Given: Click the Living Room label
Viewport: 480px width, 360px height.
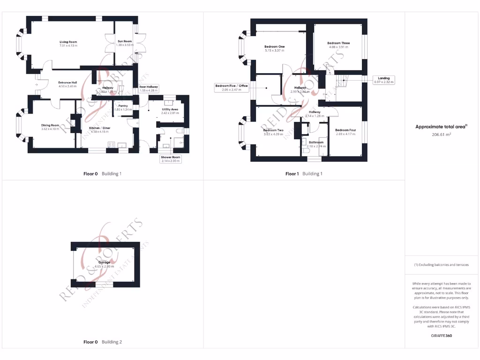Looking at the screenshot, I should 68,42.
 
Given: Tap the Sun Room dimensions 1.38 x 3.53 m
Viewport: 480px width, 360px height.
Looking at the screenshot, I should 124,45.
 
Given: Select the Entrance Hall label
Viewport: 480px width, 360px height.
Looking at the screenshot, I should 67,82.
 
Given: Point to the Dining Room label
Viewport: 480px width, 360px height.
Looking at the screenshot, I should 51,125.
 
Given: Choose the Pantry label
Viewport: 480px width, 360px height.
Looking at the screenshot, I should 123,106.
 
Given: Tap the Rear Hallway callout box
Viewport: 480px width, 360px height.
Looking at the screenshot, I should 149,88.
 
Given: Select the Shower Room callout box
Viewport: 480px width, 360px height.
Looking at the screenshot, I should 170,159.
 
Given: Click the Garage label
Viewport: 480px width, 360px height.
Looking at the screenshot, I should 104,262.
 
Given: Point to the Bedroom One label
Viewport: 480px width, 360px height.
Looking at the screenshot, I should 274,47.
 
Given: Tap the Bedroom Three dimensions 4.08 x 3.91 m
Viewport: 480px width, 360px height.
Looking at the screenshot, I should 338,47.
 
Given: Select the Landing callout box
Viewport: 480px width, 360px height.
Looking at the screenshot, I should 384,80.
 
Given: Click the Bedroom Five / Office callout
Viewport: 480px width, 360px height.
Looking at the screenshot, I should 231,88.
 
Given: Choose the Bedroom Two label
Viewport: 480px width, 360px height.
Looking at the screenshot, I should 273,130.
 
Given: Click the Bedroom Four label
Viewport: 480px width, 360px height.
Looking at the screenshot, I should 345,130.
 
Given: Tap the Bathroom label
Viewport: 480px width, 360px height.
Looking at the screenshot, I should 316,142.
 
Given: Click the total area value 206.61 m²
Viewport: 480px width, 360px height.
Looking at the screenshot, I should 440,134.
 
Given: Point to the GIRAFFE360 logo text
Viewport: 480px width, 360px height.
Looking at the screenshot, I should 442,336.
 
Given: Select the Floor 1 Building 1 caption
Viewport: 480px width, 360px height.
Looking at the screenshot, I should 304,173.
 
